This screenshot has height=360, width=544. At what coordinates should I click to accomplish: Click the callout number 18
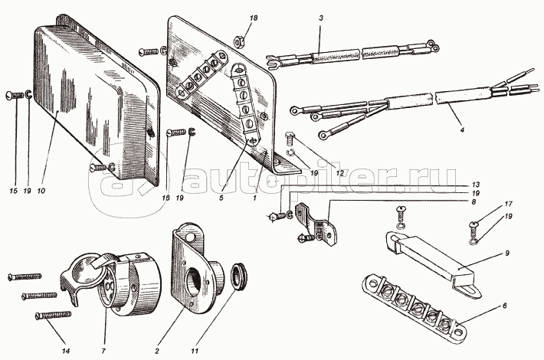pos(254,18)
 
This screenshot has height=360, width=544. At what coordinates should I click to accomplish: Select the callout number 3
pos(321,18)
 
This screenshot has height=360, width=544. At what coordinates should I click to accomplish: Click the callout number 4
pos(461,129)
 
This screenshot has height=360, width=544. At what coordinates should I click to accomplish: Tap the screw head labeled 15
pos(10,96)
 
